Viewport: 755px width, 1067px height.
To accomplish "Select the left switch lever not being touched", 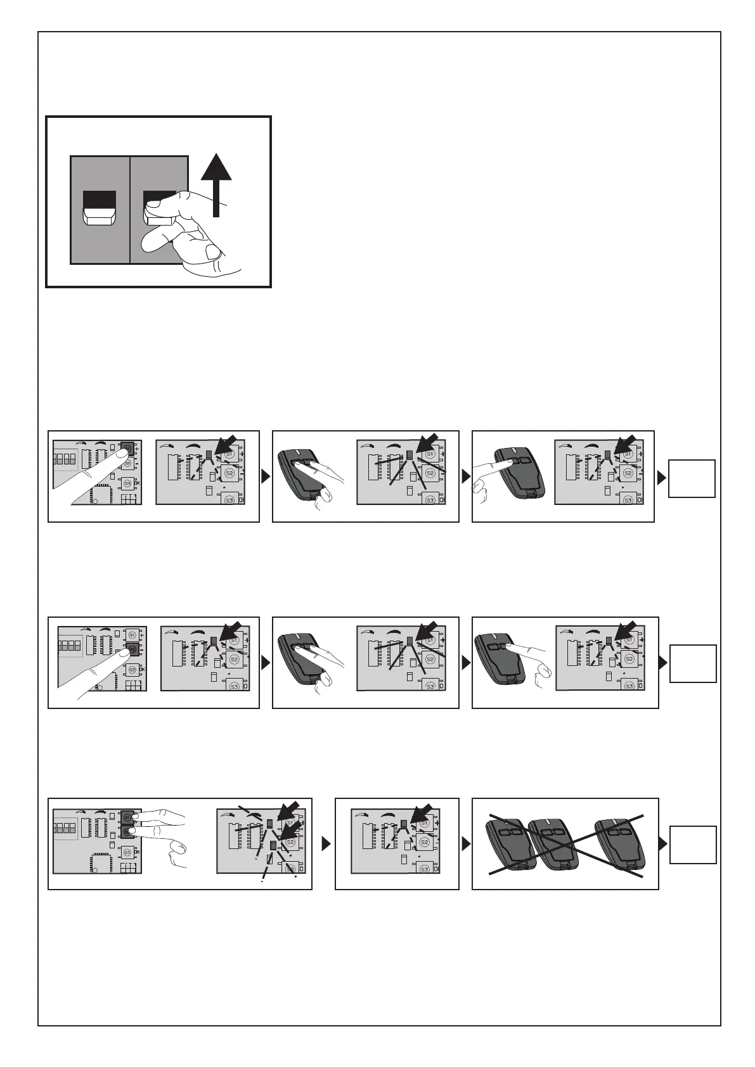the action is (x=99, y=208).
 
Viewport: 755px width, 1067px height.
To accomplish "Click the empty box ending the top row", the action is (x=694, y=478).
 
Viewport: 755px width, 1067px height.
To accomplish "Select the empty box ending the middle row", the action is (x=694, y=663).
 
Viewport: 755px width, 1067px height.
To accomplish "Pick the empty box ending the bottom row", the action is (x=694, y=844).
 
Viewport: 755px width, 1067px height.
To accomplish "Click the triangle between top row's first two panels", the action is (x=266, y=477).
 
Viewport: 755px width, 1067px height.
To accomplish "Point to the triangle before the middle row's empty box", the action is (x=662, y=663).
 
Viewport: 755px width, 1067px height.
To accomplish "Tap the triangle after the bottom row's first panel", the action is (x=326, y=844).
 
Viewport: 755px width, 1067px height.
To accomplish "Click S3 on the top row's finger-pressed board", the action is (x=127, y=483).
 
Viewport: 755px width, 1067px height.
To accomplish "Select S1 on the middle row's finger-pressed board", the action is (x=132, y=634).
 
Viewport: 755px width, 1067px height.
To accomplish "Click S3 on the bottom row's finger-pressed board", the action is (x=127, y=852).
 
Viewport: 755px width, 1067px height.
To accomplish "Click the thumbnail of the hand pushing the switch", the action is (x=158, y=201).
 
